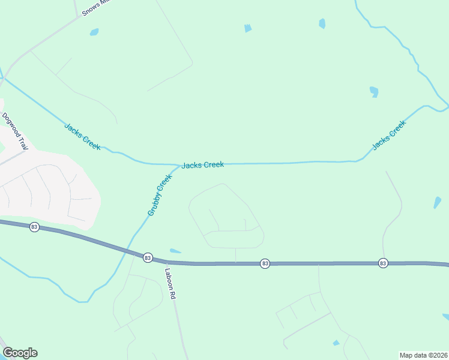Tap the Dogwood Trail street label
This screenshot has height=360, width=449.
(x=15, y=131)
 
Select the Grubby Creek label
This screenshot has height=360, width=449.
(x=160, y=196)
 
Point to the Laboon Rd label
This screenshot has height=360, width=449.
(x=171, y=283)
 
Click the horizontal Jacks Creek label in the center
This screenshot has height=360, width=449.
(x=203, y=164)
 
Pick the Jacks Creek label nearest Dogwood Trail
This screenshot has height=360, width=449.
(x=82, y=136)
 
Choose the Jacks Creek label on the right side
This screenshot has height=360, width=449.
(x=389, y=135)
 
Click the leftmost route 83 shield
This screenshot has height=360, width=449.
(x=34, y=227)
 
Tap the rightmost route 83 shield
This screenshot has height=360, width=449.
(x=383, y=263)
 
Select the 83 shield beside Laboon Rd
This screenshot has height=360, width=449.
(x=148, y=257)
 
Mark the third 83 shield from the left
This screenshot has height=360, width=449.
(x=265, y=263)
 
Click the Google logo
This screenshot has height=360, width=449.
(x=20, y=353)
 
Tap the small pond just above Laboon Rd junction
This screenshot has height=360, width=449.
(x=175, y=251)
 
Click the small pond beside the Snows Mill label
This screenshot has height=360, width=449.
(x=94, y=32)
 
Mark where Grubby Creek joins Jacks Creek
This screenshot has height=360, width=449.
(x=179, y=166)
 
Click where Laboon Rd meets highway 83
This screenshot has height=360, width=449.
(x=166, y=261)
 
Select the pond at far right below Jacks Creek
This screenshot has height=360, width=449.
(x=437, y=203)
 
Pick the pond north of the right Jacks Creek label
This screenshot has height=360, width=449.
(x=374, y=92)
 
